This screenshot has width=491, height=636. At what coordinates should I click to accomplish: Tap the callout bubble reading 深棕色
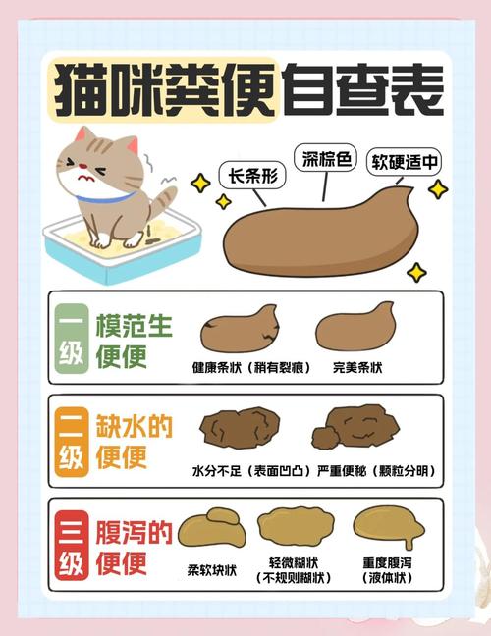coord(327,159)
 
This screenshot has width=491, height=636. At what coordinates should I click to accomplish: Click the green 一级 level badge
coord(72,341)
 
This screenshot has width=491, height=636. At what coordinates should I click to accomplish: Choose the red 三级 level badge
coord(72,547)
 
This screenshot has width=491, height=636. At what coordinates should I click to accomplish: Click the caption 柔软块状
coord(212,568)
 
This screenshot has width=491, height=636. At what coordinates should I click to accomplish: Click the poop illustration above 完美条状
coord(355,332)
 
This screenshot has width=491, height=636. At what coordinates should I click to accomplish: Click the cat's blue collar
coord(103,196)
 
